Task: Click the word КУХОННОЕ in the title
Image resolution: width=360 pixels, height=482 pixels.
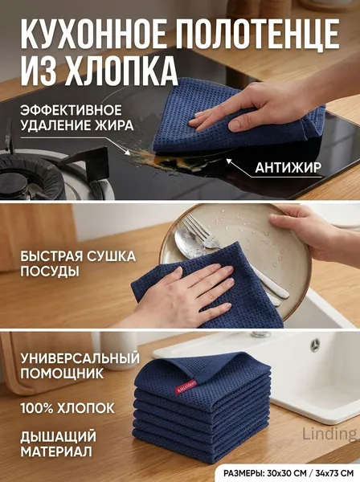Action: pyautogui.click(x=93, y=33)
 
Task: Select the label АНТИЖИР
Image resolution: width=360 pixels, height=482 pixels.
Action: pyautogui.click(x=288, y=168)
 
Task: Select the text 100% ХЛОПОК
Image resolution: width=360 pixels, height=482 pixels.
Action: pyautogui.click(x=67, y=409)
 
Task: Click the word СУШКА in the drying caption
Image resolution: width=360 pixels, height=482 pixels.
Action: pyautogui.click(x=111, y=256)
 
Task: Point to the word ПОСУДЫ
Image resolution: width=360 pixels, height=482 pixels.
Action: pyautogui.click(x=50, y=272)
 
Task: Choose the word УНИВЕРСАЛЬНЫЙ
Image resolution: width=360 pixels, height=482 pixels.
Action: pyautogui.click(x=80, y=358)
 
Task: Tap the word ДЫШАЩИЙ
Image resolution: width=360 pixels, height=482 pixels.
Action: pyautogui.click(x=59, y=437)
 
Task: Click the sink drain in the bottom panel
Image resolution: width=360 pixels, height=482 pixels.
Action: pyautogui.click(x=315, y=345)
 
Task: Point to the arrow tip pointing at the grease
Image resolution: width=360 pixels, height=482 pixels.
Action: pyautogui.click(x=127, y=152)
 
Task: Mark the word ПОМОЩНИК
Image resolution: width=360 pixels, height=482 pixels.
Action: pyautogui.click(x=63, y=374)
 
